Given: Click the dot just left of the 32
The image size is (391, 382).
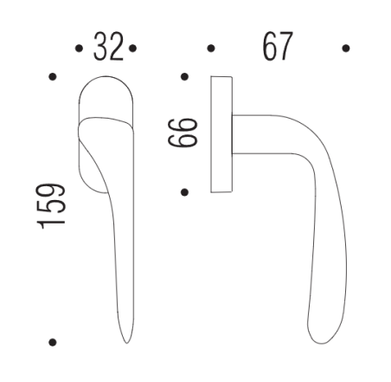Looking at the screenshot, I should (x=80, y=49).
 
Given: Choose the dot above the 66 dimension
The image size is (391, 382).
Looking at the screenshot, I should (x=184, y=78).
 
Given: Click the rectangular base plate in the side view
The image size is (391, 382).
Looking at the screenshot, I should (x=221, y=134).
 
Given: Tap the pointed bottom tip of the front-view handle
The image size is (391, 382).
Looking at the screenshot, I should (x=125, y=340).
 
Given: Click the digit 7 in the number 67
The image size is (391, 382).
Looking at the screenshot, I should (x=285, y=48).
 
